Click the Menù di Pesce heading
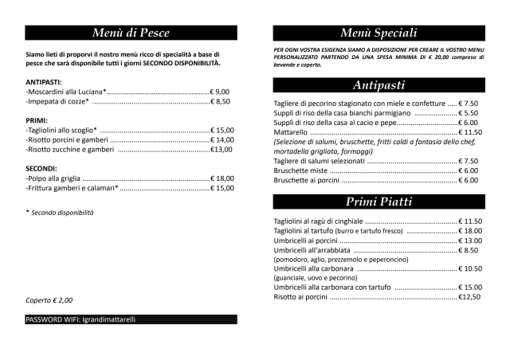131,33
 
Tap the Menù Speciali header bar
379,33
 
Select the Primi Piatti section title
379,201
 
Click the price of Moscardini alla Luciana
219,92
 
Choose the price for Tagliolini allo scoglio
222,130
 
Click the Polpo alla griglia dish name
53,178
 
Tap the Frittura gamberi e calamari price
222,189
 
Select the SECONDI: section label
41,169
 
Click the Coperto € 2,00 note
49,300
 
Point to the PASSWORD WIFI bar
131,319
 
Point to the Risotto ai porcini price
469,297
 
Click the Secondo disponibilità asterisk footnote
60,213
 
